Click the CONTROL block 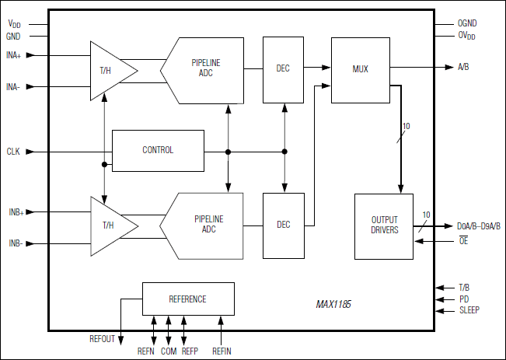(158, 150)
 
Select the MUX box (360, 69)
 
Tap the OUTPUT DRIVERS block (384, 225)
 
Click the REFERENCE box (187, 299)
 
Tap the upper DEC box (283, 69)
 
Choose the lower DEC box (283, 225)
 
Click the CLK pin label (13, 151)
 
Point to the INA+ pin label (14, 55)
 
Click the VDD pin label (14, 25)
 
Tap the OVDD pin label (466, 37)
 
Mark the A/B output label (463, 68)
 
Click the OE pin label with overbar (463, 242)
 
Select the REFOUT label (103, 339)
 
